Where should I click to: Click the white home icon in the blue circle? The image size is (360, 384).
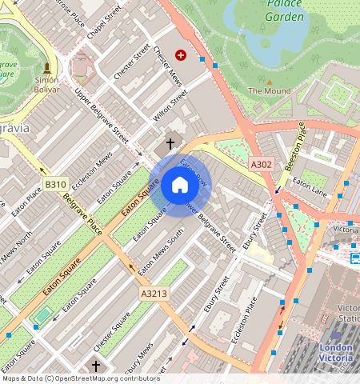coord(180,186)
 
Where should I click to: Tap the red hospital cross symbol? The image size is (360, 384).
coord(180,55)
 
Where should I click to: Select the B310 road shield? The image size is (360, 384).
coord(55,185)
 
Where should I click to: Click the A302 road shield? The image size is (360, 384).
coord(262,165)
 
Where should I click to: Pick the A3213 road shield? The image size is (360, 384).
coord(154,294)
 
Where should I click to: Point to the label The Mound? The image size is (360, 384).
coord(269,91)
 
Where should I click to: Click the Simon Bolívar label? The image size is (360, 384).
coord(46,85)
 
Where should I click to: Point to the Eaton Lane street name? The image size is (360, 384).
coord(310,188)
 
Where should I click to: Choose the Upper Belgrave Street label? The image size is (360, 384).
coord(102,117)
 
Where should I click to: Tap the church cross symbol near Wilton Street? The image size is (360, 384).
coord(169,146)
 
